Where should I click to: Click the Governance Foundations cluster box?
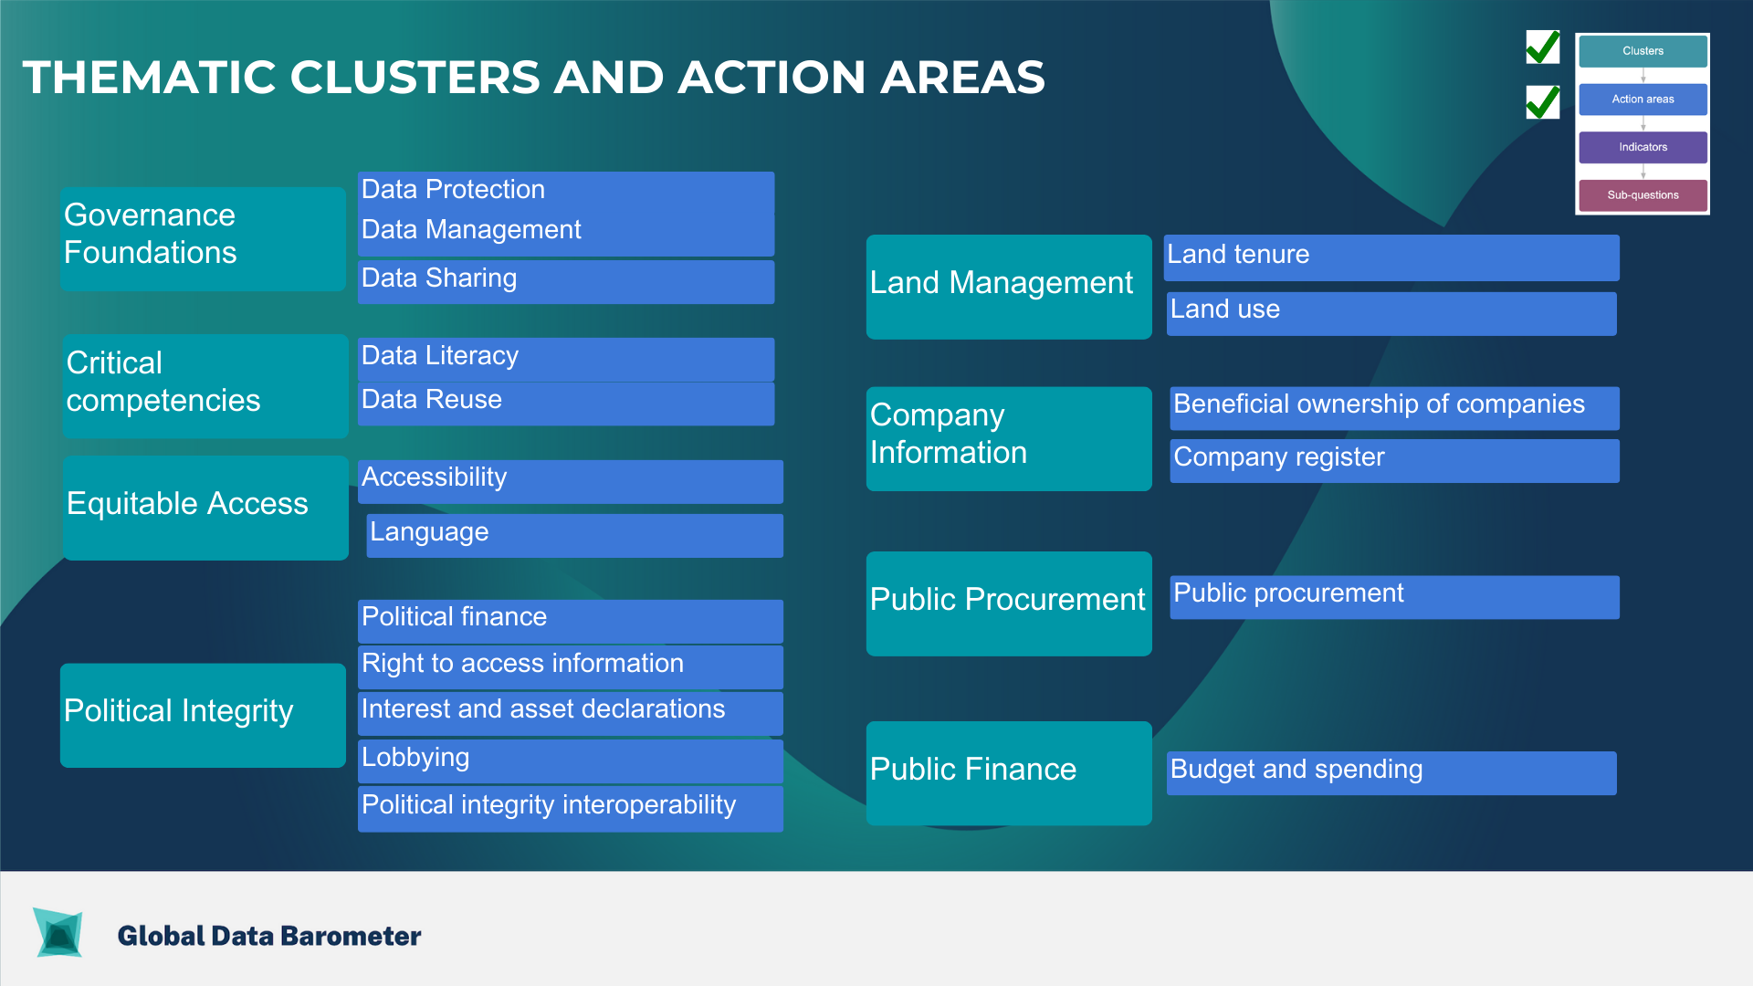[203, 239]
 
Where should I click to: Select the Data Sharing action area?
[566, 282]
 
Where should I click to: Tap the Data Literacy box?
[566, 360]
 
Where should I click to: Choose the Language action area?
[575, 536]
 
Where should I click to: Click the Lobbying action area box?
[571, 761]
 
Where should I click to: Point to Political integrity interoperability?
[571, 809]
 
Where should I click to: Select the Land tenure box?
[1391, 257]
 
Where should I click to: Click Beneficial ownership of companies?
[1395, 408]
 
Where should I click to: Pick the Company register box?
[1395, 461]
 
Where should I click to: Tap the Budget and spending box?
[1391, 773]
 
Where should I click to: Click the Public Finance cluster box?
[1009, 773]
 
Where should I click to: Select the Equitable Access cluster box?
[206, 508]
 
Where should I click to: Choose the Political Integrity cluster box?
[203, 715]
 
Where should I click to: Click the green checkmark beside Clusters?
[1543, 47]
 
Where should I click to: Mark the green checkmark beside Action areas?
[1543, 102]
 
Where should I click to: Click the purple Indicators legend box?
[1643, 147]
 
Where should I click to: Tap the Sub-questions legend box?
[1643, 195]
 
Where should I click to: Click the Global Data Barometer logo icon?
[58, 932]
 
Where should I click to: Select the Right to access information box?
[571, 667]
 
